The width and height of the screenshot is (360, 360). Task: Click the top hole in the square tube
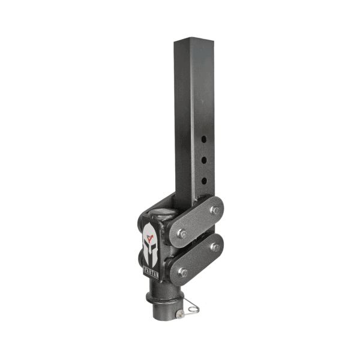coord(204,139)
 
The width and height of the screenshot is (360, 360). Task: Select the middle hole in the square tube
coord(204,160)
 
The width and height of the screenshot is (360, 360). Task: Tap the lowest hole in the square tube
coord(204,180)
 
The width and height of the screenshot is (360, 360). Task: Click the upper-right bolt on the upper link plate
coord(214,209)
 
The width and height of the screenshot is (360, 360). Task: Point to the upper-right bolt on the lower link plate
coord(214,247)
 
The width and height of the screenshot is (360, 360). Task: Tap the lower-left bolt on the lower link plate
coord(183,272)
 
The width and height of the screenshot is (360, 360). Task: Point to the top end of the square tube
coord(193,42)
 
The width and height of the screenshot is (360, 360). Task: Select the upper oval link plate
coord(199,222)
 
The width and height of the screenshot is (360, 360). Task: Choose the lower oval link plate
coord(199,260)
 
